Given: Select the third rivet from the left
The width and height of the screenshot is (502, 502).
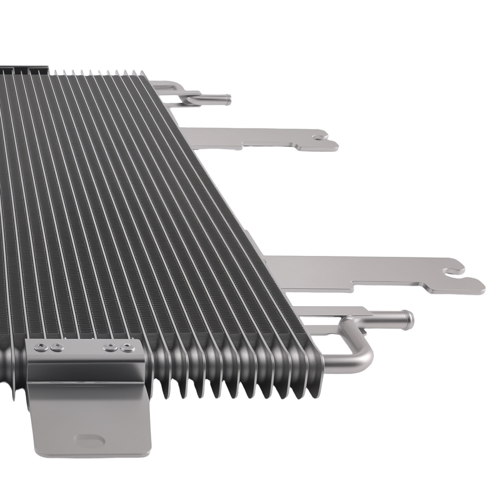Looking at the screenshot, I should tap(107, 346).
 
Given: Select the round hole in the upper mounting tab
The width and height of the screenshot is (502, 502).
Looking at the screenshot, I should tap(318, 136).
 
